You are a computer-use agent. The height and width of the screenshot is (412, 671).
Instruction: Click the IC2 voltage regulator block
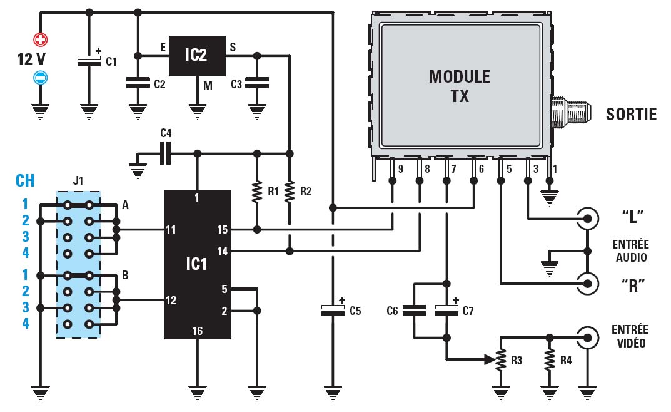196,55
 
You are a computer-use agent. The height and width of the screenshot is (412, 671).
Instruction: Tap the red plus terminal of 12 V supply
41,41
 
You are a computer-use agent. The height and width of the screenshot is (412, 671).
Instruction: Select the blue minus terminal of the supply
41,78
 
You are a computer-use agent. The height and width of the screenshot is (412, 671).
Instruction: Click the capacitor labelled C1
88,60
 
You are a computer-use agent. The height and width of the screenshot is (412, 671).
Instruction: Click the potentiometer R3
500,360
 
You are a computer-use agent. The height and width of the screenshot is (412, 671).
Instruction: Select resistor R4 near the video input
549,360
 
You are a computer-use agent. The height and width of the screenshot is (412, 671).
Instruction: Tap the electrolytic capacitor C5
332,308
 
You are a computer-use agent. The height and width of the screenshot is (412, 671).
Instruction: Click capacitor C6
414,309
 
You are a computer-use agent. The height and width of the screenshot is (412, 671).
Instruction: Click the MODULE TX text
459,86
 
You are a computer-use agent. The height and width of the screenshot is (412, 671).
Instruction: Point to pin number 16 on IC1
198,331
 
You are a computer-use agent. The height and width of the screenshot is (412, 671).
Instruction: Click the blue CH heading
25,181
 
